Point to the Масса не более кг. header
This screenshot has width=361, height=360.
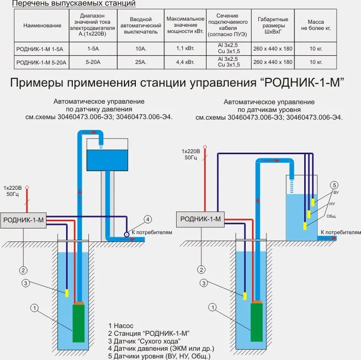point(316,25)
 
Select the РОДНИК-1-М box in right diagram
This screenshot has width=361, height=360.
point(200,219)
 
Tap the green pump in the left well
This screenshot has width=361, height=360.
point(79,322)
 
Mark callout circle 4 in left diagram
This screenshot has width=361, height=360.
point(148,219)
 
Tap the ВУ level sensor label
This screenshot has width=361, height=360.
point(336,192)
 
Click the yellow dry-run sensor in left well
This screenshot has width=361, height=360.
point(67,292)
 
